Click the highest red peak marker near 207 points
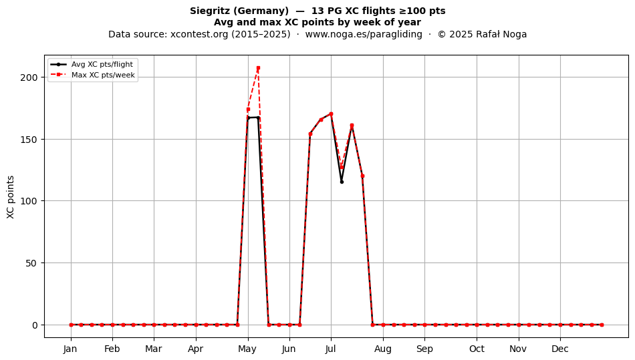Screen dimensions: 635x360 pyautogui.click(x=258, y=68)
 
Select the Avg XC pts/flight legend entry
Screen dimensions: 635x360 pyautogui.click(x=92, y=64)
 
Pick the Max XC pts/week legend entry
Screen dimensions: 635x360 pyautogui.click(x=93, y=75)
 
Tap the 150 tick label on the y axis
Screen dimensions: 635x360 pyautogui.click(x=29, y=140)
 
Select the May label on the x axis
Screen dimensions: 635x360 pyautogui.click(x=247, y=349)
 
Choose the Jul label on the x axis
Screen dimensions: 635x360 pyautogui.click(x=331, y=349)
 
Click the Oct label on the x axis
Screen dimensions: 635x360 pyautogui.click(x=477, y=349)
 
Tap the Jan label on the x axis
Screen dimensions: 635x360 pyautogui.click(x=70, y=349)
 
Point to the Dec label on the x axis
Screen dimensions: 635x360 pyautogui.click(x=560, y=349)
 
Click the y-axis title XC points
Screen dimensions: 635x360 pyautogui.click(x=11, y=197)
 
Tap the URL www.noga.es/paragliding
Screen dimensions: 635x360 pyautogui.click(x=364, y=34)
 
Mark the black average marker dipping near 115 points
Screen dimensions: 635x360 pyautogui.click(x=342, y=182)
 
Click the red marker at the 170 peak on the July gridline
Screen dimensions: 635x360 pyautogui.click(x=331, y=114)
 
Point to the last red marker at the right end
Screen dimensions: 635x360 pyautogui.click(x=602, y=325)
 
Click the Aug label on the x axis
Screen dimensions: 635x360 pyautogui.click(x=383, y=349)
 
